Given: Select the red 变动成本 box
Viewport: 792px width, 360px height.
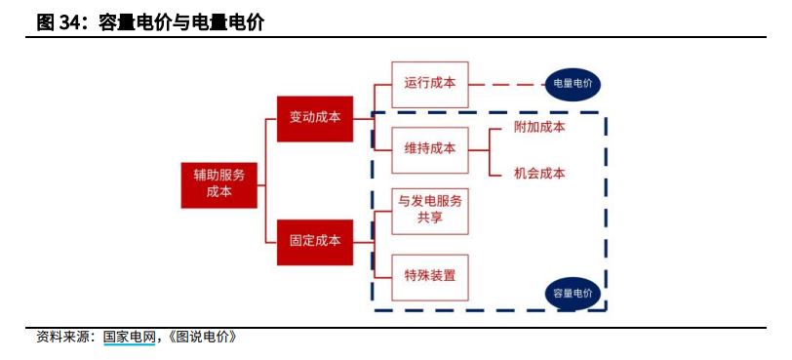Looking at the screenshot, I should tap(315, 117).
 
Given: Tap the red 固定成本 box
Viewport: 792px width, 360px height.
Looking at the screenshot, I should tap(315, 239).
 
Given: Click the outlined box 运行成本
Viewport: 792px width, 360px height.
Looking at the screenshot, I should tap(430, 83).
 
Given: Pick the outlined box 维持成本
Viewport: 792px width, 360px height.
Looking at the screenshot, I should tap(430, 149).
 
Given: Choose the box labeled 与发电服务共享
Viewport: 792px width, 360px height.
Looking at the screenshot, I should tap(430, 210).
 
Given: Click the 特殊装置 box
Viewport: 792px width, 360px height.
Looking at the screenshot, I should tap(430, 275).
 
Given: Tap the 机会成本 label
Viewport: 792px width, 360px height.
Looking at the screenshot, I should tap(539, 173).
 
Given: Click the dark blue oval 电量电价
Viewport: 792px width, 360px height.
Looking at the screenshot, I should tap(573, 84).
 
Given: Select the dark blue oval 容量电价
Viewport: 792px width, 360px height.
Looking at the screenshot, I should tap(573, 292).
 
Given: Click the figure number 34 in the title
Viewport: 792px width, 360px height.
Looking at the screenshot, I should tap(70, 22).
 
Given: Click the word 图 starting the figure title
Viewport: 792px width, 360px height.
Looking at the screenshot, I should tap(45, 22).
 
